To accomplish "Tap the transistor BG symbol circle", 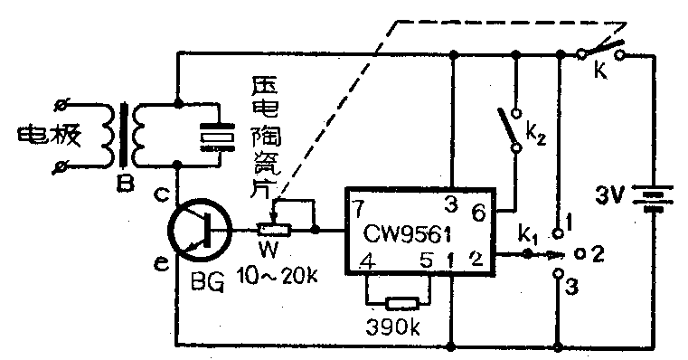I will click(200, 229).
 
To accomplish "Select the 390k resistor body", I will click(399, 303).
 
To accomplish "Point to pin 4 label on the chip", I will click(365, 262).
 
